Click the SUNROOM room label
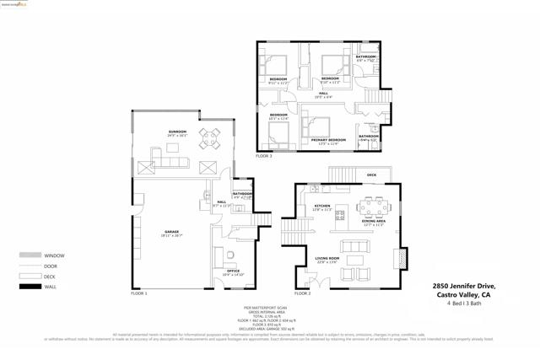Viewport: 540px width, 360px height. pos(177,132)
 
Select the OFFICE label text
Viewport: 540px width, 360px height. pos(232,271)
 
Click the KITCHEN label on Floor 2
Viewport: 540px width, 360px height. pos(322,206)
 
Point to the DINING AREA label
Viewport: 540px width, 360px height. pos(374,222)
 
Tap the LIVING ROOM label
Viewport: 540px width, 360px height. pos(327,259)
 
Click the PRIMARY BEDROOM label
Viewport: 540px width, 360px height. pos(328,140)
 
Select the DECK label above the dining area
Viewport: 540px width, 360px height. pos(371,175)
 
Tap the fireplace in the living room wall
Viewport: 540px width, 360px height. pos(402,256)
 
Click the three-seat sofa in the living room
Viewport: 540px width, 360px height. pos(354,246)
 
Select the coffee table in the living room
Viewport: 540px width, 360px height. pos(354,260)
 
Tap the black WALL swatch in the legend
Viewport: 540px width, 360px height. pos(30,287)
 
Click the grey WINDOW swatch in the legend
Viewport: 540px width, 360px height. pos(30,255)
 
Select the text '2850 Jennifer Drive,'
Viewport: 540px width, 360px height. pos(464,287)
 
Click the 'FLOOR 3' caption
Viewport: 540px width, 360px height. pos(264,157)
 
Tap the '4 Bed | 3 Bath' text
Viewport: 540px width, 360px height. pos(468,303)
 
